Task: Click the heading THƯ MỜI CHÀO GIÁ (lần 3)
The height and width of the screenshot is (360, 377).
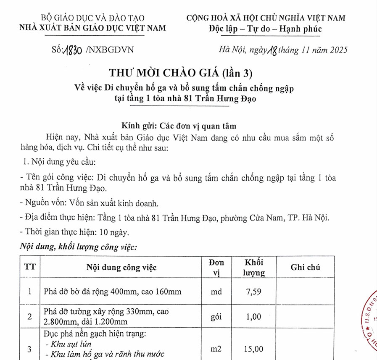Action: [181, 73]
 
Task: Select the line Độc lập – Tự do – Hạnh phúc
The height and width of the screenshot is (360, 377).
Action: [265, 29]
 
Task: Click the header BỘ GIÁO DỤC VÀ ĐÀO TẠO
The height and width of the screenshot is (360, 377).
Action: [93, 18]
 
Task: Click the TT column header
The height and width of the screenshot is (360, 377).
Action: [29, 268]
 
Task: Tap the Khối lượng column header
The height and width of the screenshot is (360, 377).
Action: [254, 268]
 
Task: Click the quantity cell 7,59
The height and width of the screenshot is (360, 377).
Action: [254, 292]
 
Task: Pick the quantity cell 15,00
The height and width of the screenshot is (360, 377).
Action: [254, 349]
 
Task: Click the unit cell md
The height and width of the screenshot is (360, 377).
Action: [216, 292]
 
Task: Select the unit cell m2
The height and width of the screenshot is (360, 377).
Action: [216, 349]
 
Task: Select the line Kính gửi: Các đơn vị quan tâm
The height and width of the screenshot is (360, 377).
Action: [179, 126]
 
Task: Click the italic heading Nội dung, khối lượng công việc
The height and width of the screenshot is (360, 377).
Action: [79, 247]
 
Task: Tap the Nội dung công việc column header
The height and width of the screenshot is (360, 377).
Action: [121, 268]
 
